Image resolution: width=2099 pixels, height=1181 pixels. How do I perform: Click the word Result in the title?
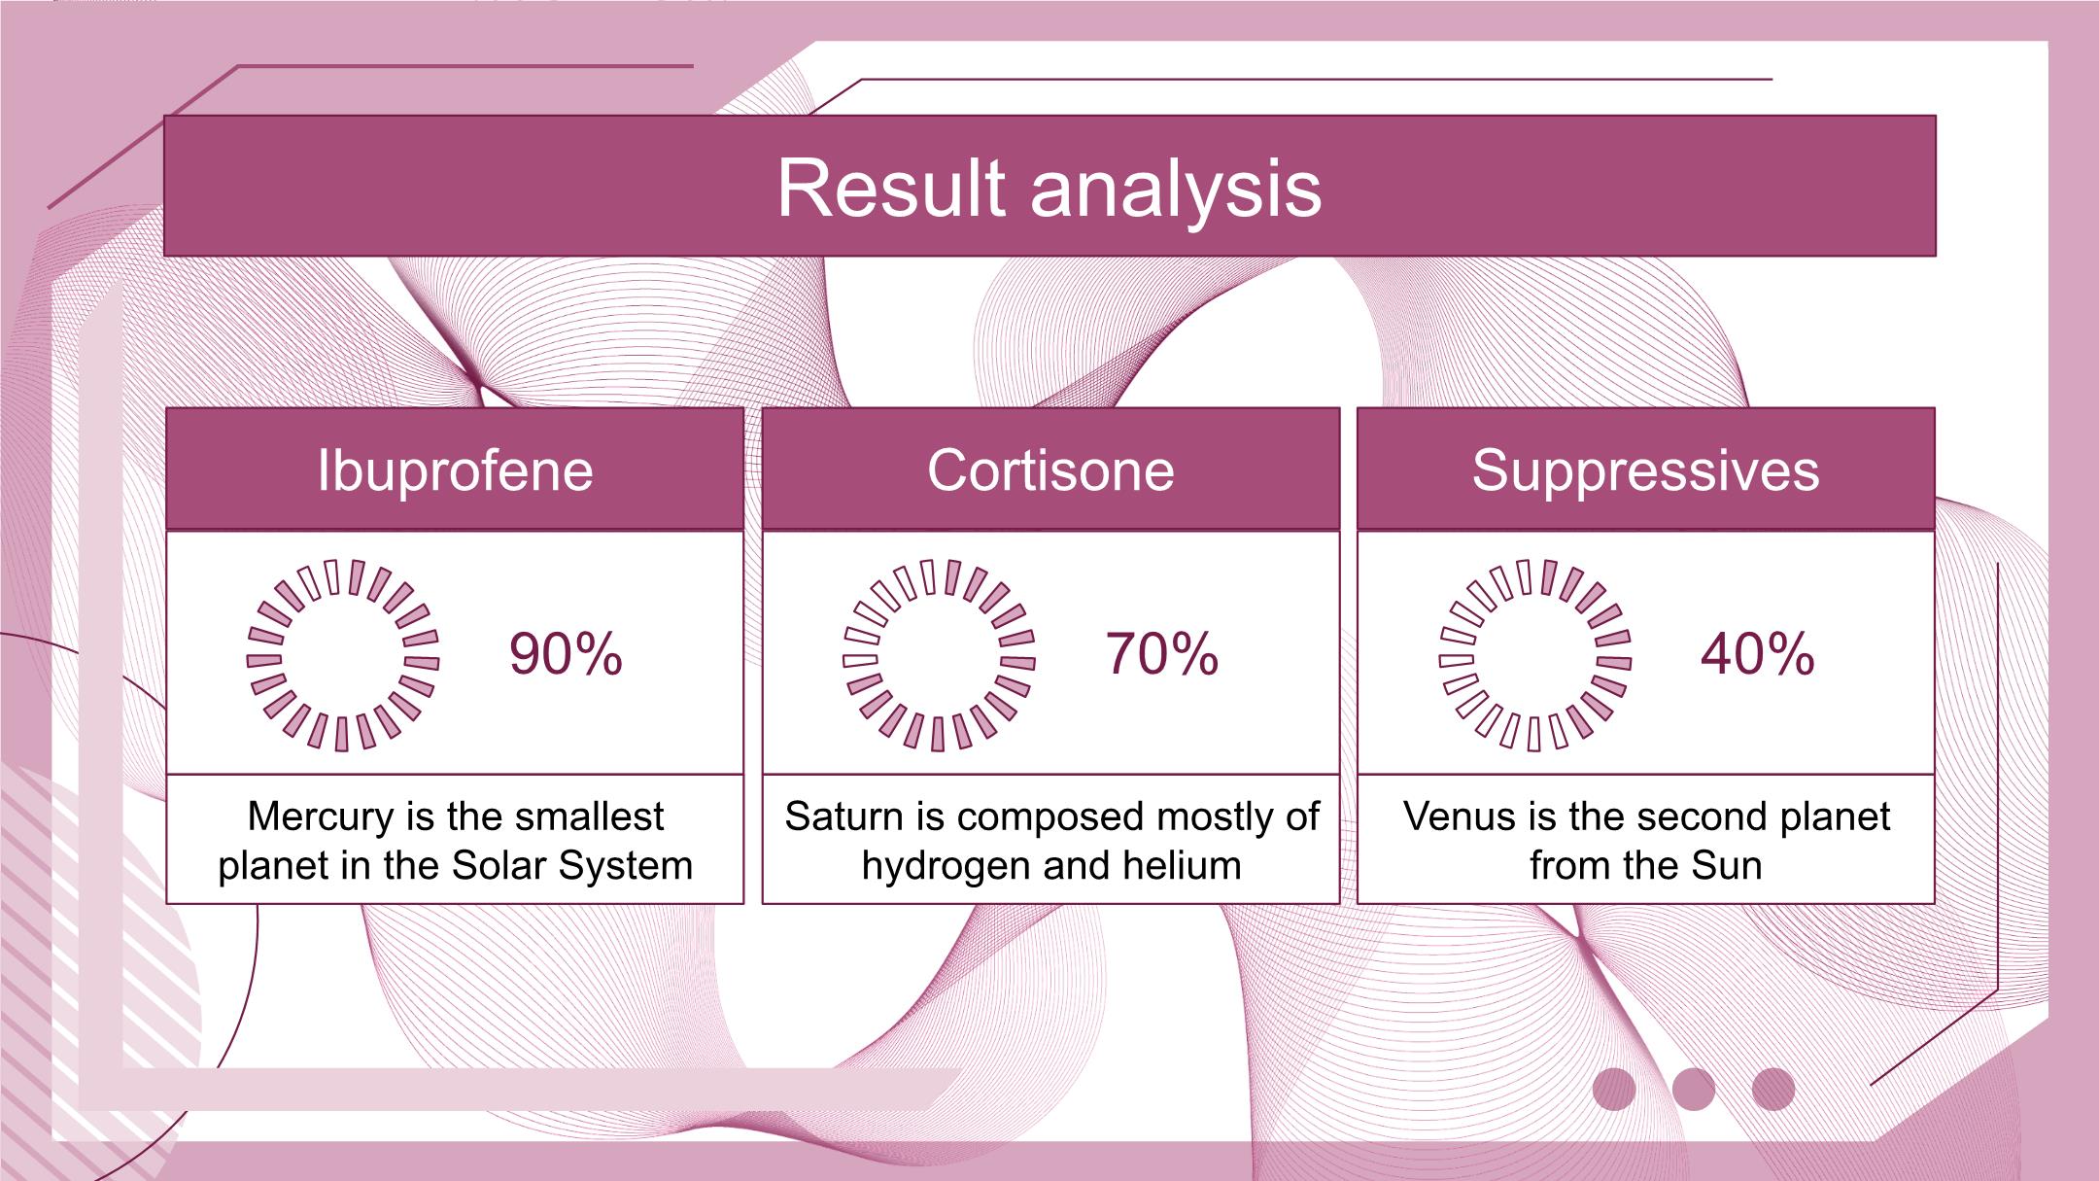[x=891, y=188]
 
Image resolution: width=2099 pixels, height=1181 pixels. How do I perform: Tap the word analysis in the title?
[x=1176, y=191]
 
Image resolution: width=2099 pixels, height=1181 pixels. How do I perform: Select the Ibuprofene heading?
[x=455, y=472]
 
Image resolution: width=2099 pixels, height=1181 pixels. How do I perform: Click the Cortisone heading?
[x=1050, y=470]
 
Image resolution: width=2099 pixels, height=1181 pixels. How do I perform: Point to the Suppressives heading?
[x=1645, y=472]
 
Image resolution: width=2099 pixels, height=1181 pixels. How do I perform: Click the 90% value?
[x=566, y=653]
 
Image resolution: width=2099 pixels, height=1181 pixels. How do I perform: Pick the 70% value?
[x=1162, y=653]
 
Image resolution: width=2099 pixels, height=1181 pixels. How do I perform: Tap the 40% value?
[x=1758, y=653]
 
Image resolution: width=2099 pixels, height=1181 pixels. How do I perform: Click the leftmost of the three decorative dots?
[x=1614, y=1089]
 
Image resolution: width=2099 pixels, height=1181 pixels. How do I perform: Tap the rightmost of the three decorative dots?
[x=1773, y=1089]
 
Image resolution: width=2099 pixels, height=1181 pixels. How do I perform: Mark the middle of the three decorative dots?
[x=1694, y=1089]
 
